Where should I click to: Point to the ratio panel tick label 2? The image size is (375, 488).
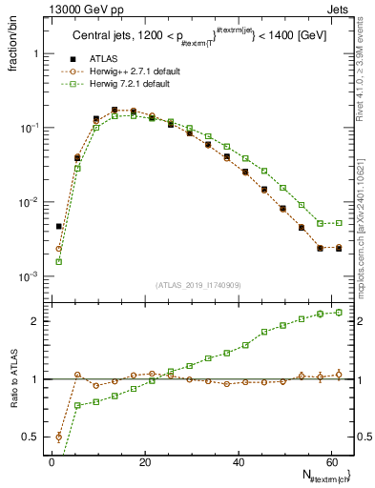[34, 321]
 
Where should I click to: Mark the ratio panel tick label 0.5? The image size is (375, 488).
[31, 437]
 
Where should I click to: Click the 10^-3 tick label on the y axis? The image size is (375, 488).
[29, 276]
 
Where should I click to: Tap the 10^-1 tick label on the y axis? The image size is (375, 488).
[29, 128]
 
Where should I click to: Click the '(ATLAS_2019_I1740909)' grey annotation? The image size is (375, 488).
[198, 285]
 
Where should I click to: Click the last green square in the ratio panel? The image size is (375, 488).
[339, 312]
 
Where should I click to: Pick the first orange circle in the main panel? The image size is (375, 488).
[59, 249]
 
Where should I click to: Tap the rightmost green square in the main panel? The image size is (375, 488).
[339, 223]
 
